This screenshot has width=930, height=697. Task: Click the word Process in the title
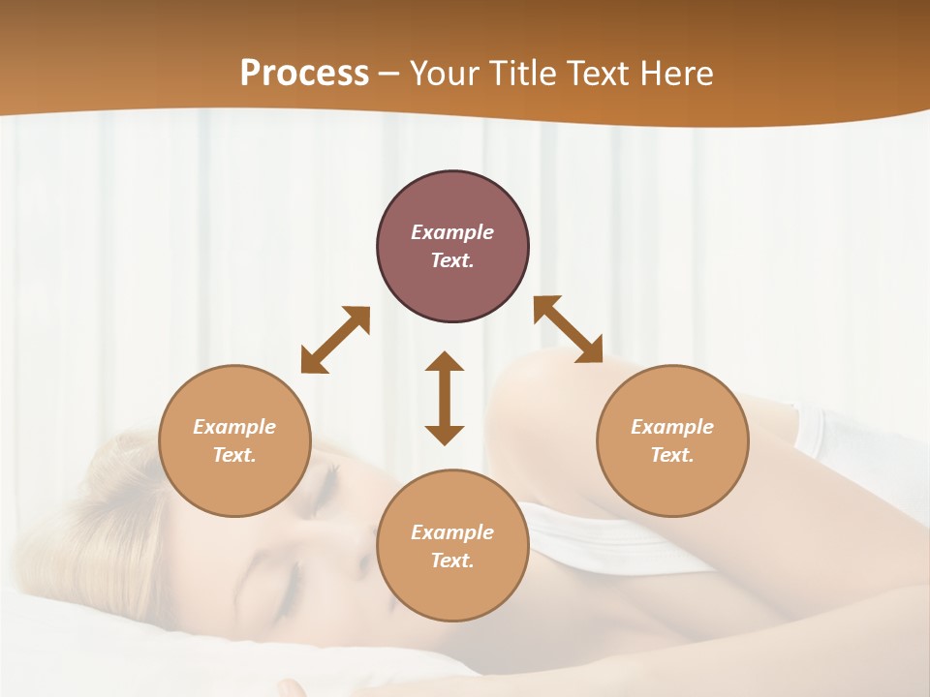click(x=304, y=74)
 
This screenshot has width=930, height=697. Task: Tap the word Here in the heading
click(x=672, y=74)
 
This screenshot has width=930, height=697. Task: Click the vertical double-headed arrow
click(x=445, y=398)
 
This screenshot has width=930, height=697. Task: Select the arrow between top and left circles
click(x=335, y=340)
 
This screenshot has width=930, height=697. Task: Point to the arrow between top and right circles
click(x=568, y=329)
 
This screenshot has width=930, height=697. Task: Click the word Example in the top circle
click(x=452, y=232)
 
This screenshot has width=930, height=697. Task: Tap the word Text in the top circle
click(x=452, y=260)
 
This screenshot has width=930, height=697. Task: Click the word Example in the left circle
click(x=234, y=427)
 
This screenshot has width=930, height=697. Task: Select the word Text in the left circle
click(x=234, y=455)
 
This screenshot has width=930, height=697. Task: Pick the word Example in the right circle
click(x=672, y=427)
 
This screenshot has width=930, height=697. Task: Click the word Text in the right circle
click(x=672, y=455)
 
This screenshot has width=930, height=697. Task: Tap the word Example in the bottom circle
click(x=452, y=532)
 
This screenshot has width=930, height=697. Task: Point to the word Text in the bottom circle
click(x=452, y=561)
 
